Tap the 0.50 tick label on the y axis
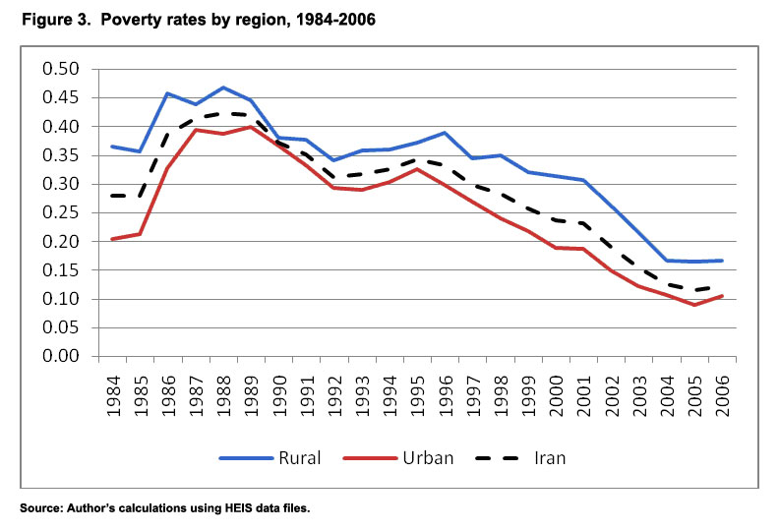click(x=61, y=69)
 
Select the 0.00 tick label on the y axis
click(x=61, y=357)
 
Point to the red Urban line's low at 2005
click(x=694, y=305)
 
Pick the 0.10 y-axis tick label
click(x=61, y=299)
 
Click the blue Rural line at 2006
click(x=723, y=261)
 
